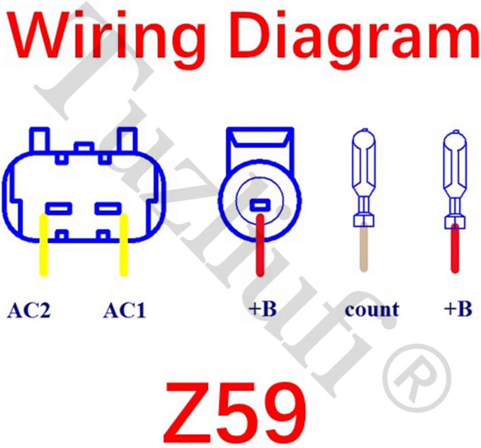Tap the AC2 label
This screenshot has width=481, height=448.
point(29,310)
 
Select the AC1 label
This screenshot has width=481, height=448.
point(124,310)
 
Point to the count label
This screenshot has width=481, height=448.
point(372,309)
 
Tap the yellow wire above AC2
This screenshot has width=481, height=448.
point(44,245)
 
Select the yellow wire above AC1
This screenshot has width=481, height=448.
point(123,245)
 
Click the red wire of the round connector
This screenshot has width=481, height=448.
point(260,245)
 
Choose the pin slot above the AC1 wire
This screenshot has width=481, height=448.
point(108,208)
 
